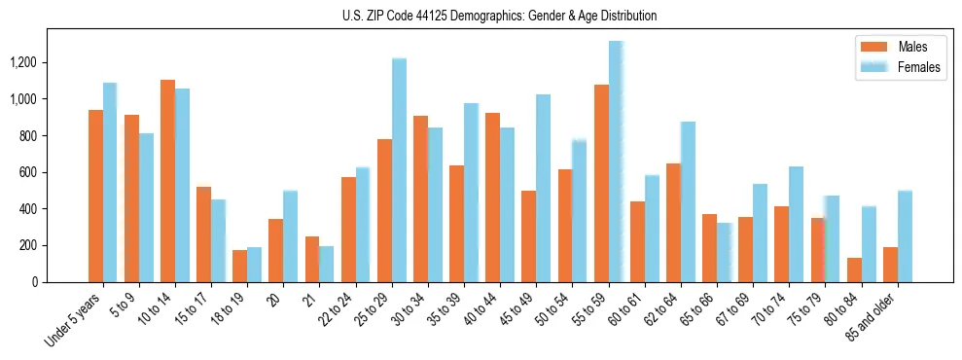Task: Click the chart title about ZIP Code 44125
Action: tap(500, 16)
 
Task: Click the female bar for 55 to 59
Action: tap(616, 162)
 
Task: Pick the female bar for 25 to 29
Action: tap(399, 170)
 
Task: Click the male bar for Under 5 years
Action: tap(95, 196)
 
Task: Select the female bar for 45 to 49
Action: tap(543, 188)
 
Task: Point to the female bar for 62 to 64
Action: tap(688, 201)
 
